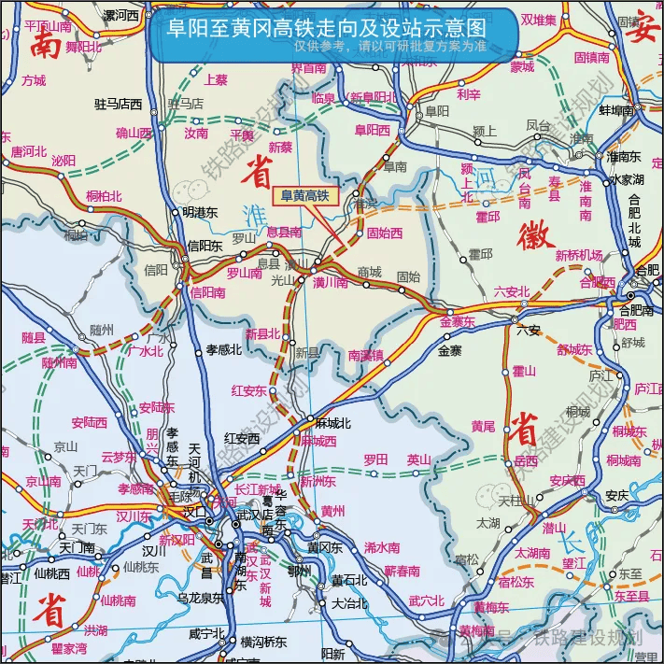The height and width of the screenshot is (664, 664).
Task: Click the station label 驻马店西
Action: point(119,103)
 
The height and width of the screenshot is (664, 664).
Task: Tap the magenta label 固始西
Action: point(385,233)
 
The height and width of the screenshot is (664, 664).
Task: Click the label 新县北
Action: point(262,334)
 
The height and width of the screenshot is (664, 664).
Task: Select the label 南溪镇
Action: point(365,355)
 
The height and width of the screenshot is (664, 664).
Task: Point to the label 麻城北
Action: point(332,422)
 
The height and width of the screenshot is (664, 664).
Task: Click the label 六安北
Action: point(512,292)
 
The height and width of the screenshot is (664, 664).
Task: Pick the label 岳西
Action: point(527,460)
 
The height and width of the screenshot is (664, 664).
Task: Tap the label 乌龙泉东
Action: point(200,598)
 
